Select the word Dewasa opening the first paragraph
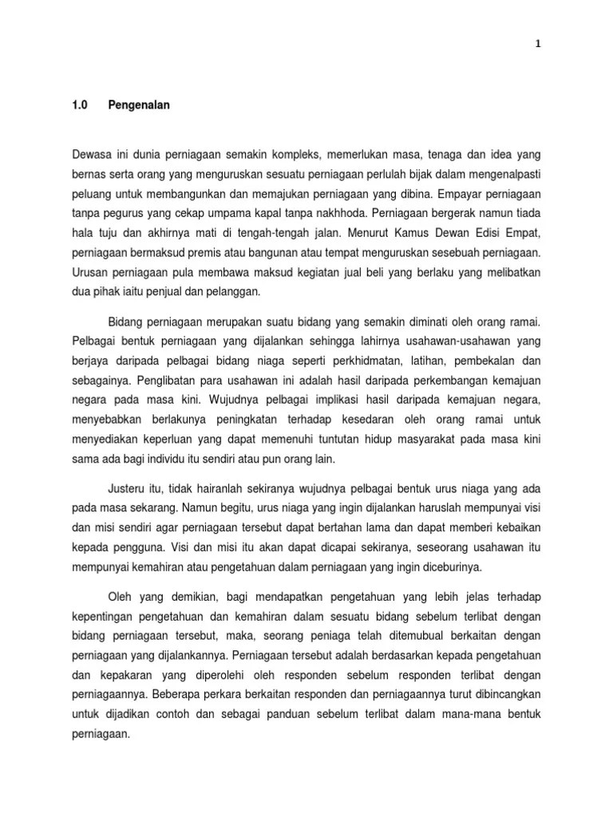click(x=91, y=153)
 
